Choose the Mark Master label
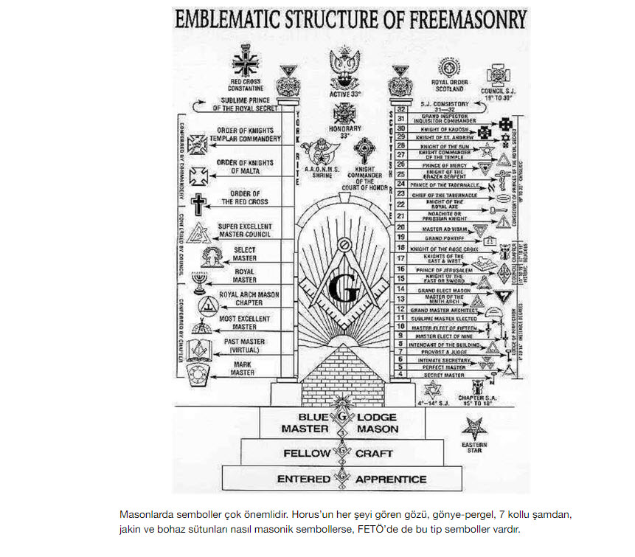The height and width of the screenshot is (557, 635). click(242, 368)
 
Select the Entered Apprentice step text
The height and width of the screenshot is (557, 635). click(341, 479)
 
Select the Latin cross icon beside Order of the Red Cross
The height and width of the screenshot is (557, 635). click(198, 203)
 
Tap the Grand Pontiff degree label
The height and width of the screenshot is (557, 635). click(444, 238)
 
